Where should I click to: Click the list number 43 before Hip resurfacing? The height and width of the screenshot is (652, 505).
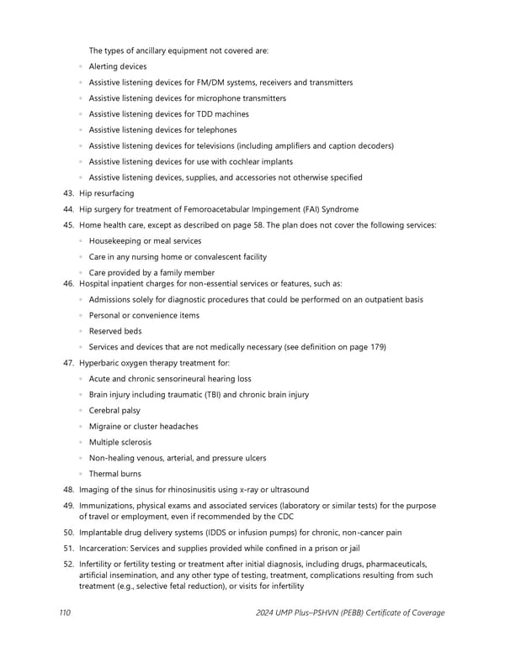[x=69, y=193]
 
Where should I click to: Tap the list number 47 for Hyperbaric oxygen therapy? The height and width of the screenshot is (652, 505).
[x=69, y=363]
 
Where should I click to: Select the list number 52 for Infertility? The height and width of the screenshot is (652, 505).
[x=69, y=564]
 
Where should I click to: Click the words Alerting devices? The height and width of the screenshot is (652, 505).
[x=117, y=66]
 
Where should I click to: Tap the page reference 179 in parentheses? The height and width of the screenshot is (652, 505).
[x=378, y=347]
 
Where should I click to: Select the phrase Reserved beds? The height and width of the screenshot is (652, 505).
[x=115, y=331]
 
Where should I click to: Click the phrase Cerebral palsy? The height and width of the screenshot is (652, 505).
[x=114, y=411]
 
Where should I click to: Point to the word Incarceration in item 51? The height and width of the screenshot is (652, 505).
[x=107, y=548]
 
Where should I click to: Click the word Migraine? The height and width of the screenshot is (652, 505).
[x=105, y=427]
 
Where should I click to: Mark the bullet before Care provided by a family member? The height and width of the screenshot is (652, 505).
[x=80, y=273]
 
